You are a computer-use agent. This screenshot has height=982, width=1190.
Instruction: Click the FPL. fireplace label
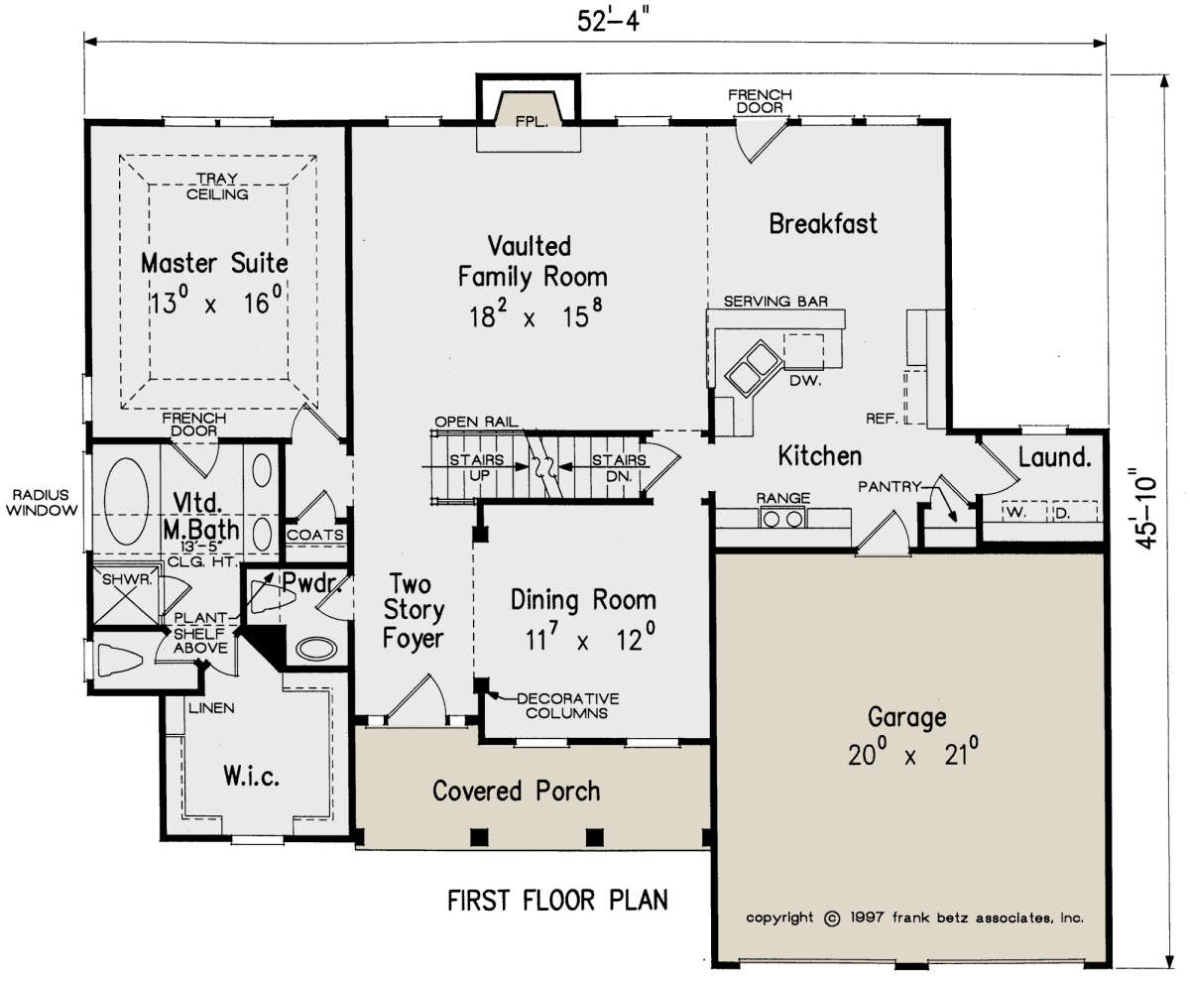(532, 121)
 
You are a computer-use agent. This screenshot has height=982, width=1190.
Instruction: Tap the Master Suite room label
(214, 264)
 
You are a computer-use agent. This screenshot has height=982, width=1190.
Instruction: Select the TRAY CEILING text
(217, 186)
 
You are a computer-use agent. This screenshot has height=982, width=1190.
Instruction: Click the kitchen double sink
(753, 368)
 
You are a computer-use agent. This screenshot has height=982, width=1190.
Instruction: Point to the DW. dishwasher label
(805, 380)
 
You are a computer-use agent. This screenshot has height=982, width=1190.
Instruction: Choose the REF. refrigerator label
(882, 419)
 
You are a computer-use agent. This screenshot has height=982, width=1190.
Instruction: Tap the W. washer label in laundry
(1015, 512)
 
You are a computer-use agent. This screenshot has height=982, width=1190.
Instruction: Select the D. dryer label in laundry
(1061, 513)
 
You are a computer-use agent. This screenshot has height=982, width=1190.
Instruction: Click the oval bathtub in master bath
(127, 501)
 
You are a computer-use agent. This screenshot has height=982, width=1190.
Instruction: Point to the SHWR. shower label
(127, 580)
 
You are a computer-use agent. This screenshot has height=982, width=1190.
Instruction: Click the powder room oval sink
(315, 649)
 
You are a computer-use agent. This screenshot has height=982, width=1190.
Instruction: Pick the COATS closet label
(315, 535)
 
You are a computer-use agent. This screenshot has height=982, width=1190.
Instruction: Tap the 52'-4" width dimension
(613, 22)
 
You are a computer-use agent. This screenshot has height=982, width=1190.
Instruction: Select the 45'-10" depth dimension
(1145, 508)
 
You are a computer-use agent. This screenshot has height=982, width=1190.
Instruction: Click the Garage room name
(906, 717)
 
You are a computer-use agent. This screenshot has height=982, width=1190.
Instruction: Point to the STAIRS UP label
(477, 467)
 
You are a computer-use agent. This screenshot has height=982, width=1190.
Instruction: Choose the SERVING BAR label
(775, 302)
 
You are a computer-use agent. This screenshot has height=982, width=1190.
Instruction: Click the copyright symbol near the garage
(832, 919)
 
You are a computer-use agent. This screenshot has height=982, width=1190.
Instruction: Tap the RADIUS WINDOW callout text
(42, 502)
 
